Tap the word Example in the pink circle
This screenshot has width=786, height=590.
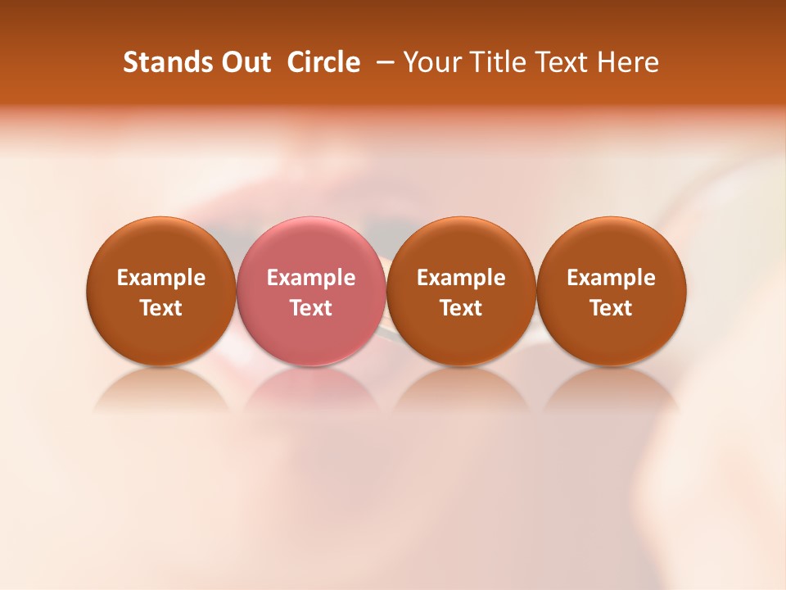coord(311,278)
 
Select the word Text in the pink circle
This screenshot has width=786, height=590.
coord(311,308)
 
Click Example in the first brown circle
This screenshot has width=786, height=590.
coord(161,278)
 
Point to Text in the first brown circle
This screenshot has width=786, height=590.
coord(161,308)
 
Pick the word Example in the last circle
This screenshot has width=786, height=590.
coord(612,278)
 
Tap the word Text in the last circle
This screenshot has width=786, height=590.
coord(612,308)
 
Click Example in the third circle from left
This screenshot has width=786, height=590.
coord(461,278)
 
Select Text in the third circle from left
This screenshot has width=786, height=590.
coord(461,308)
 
